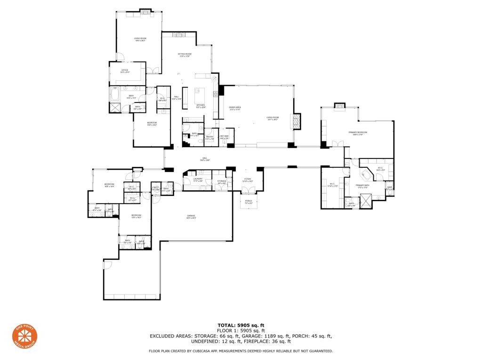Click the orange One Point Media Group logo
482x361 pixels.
24,337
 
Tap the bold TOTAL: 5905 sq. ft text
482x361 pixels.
241,325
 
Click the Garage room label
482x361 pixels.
191,217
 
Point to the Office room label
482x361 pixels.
125,71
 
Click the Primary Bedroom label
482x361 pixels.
358,133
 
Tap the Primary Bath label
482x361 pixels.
362,186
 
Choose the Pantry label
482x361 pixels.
209,138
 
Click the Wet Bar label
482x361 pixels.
224,137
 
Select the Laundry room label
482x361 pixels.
198,180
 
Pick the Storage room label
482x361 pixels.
222,181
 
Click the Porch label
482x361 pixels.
248,202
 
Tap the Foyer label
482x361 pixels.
247,180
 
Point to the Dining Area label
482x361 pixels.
235,108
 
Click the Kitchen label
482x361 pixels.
201,106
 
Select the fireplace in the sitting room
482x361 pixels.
178,35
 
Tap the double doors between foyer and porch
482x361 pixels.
248,190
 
